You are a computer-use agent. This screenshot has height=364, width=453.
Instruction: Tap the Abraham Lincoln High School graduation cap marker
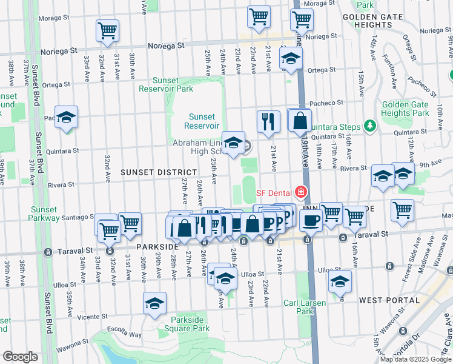(x=233, y=143)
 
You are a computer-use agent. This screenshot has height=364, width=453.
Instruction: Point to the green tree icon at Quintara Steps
(x=369, y=126)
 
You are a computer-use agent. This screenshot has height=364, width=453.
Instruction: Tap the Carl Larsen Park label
(x=305, y=308)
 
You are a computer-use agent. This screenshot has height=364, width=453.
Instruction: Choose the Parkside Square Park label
(x=184, y=324)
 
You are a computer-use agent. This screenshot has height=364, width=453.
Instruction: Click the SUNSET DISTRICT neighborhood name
(x=151, y=172)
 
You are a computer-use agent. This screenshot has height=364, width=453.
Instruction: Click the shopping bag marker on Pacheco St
(x=299, y=121)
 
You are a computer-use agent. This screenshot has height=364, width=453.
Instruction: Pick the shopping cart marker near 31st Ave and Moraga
(x=107, y=30)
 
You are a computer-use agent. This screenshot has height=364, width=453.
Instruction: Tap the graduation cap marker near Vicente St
(x=154, y=303)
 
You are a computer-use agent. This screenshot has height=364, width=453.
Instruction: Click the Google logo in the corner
(x=20, y=357)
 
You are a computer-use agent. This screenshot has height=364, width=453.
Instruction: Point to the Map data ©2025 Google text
(x=415, y=359)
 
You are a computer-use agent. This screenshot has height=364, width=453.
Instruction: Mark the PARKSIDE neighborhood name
(x=156, y=248)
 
